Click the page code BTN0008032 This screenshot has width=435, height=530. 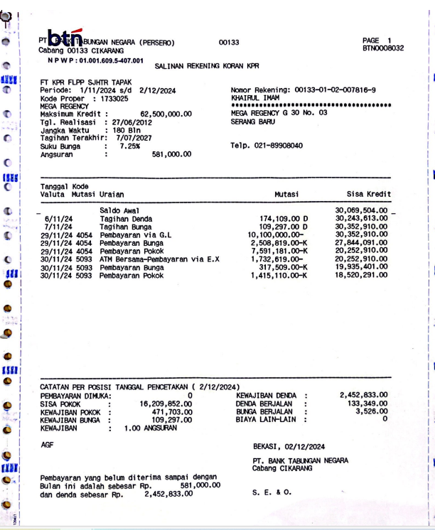pos(382,49)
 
